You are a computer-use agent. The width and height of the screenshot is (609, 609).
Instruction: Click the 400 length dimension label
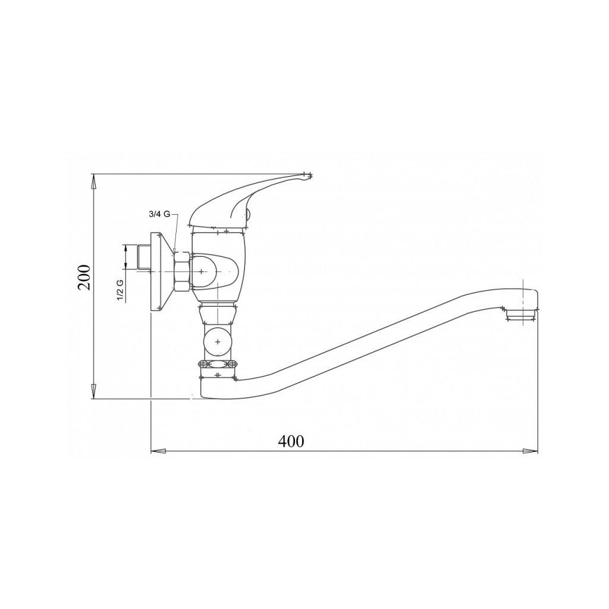291,441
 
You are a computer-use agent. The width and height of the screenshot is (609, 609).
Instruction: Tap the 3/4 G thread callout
159,214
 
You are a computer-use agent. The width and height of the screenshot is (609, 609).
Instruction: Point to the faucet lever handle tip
309,176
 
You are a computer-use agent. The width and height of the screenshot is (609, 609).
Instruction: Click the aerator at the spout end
522,315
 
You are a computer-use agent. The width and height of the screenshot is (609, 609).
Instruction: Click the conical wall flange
161,271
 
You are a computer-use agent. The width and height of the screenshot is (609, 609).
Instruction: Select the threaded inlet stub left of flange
144,258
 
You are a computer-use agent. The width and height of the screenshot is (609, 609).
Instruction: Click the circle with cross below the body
218,342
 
